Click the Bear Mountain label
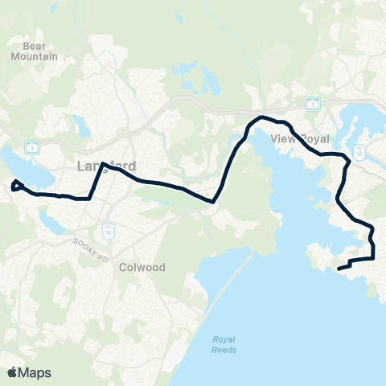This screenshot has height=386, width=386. [x=35, y=51]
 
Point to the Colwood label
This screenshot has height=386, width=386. [x=142, y=266]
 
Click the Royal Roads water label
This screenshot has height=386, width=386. [x=224, y=344]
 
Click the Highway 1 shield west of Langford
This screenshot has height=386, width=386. [x=31, y=146]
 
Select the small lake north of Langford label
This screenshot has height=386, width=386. [x=80, y=125]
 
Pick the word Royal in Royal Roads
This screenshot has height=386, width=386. [x=224, y=339]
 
